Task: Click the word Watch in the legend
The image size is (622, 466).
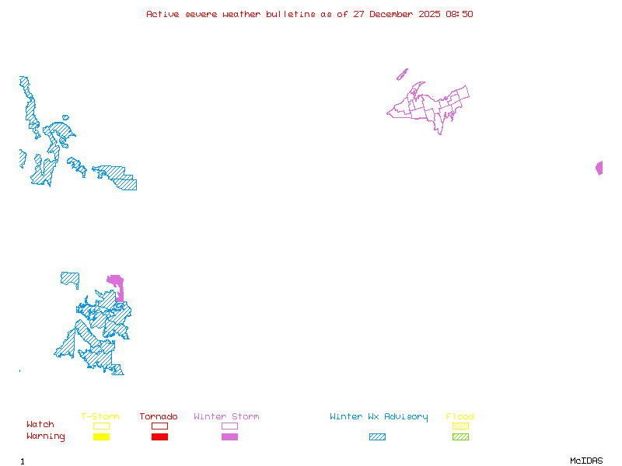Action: [x=40, y=425]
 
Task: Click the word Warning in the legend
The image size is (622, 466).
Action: [x=46, y=436]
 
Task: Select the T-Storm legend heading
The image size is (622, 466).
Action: [x=100, y=417]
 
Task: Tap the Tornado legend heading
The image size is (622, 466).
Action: [x=159, y=417]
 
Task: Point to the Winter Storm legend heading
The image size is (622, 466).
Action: [x=226, y=417]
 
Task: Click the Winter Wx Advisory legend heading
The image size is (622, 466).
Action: [x=379, y=417]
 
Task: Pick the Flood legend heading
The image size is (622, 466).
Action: [x=460, y=417]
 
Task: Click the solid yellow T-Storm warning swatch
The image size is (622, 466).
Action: [x=101, y=437]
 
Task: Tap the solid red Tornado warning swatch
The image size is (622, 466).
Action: [x=159, y=437]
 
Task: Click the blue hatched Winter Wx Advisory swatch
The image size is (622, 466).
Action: [x=377, y=437]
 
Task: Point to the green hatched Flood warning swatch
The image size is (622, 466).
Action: [x=460, y=437]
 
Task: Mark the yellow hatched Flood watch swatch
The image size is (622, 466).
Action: [x=460, y=426]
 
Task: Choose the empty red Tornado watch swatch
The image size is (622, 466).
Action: [x=159, y=426]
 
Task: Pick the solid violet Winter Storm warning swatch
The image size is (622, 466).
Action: [x=229, y=437]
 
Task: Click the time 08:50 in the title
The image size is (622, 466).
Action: [x=459, y=14]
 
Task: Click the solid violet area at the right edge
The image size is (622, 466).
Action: [x=599, y=168]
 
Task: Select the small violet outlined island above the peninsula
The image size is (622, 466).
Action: [x=402, y=75]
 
